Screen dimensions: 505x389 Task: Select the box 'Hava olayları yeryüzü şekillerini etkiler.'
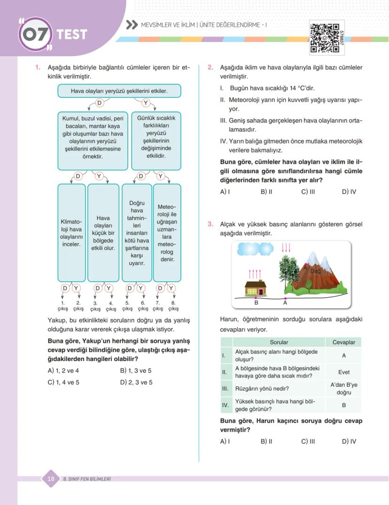(119, 91)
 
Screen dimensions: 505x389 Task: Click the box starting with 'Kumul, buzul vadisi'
(93, 140)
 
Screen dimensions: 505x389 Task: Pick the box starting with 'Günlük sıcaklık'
(156, 140)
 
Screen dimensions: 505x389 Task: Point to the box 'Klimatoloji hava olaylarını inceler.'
(71, 232)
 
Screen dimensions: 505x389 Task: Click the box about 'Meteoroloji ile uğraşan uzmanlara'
(167, 232)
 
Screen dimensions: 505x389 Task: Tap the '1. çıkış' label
(63, 306)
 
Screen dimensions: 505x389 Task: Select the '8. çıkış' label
(173, 306)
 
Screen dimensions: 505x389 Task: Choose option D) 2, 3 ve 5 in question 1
(136, 382)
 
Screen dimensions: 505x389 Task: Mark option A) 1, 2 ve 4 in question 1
(63, 370)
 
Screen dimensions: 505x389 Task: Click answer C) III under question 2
(308, 192)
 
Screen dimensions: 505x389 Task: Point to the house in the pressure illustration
(256, 287)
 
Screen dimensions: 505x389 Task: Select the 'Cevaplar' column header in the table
(343, 342)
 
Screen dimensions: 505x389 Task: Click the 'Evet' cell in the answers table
(343, 372)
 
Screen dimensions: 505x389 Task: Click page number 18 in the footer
(51, 479)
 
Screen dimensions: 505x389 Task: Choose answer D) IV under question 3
(349, 441)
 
